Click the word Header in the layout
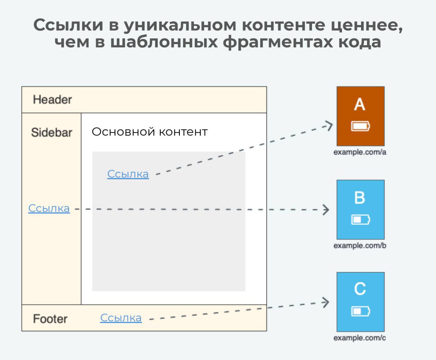point(52,99)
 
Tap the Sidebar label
point(51,132)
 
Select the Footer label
point(50,319)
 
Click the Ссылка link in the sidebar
point(49,208)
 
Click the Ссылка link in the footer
point(121,318)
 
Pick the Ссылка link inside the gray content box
point(128,174)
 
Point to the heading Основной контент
point(150,132)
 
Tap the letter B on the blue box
point(360,198)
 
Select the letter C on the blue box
point(360,289)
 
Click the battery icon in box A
point(360,126)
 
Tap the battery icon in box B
point(360,219)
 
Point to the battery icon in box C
point(360,311)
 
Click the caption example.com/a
point(360,152)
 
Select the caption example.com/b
point(360,246)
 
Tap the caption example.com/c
point(360,338)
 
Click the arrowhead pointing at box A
point(329,126)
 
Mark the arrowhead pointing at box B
point(326,210)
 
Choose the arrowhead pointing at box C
point(326,302)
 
